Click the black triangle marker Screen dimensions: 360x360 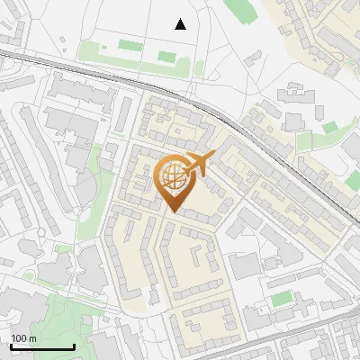[181, 24]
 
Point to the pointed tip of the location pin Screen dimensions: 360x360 [173, 211]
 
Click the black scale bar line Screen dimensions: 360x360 [41, 346]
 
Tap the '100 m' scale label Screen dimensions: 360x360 [22, 338]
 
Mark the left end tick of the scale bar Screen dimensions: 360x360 [10, 345]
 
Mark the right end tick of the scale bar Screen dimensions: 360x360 [74, 345]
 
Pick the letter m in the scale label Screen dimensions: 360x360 [31, 338]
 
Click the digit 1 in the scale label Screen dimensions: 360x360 [13, 338]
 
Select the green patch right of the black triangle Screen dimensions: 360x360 [238, 11]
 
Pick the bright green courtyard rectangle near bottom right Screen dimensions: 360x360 [282, 298]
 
